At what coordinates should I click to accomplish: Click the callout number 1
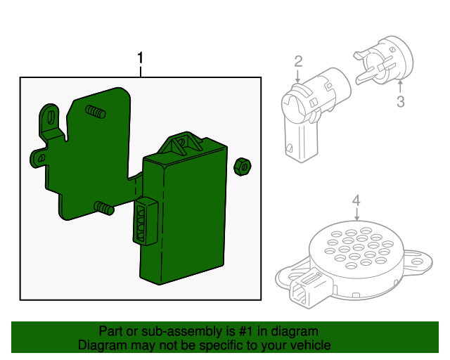140,58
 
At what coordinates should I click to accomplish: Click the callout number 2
298,62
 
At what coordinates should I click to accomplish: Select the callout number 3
401,102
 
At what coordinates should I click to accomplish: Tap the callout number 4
356,200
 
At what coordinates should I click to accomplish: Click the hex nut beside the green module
243,167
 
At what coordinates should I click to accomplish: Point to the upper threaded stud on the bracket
96,112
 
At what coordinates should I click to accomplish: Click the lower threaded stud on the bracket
104,208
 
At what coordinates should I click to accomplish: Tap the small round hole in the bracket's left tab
41,158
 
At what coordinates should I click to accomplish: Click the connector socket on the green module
146,221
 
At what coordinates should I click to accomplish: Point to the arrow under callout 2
298,76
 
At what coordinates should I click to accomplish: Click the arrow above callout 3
400,86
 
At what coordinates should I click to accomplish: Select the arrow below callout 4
356,214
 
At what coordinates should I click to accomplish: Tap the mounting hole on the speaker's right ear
417,262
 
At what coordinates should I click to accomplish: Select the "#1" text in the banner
246,331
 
